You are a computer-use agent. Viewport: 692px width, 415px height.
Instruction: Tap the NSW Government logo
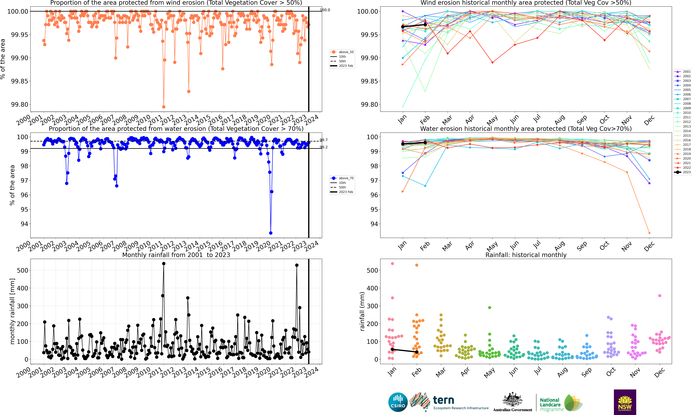tap(625, 402)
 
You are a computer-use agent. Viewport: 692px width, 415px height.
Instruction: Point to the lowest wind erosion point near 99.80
tap(164, 107)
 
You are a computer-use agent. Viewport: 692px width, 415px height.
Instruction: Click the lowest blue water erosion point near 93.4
tap(271, 233)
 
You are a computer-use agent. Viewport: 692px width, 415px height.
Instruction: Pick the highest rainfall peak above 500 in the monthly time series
tap(164, 263)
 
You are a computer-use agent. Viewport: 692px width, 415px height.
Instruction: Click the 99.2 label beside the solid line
tap(324, 147)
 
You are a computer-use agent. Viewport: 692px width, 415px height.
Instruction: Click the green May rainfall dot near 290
tap(490, 308)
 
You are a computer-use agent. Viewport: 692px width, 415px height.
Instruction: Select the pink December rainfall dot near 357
tap(660, 296)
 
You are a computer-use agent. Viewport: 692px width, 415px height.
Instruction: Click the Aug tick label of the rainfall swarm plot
tap(562, 372)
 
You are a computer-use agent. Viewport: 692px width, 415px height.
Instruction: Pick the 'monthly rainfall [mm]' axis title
tap(12, 311)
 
